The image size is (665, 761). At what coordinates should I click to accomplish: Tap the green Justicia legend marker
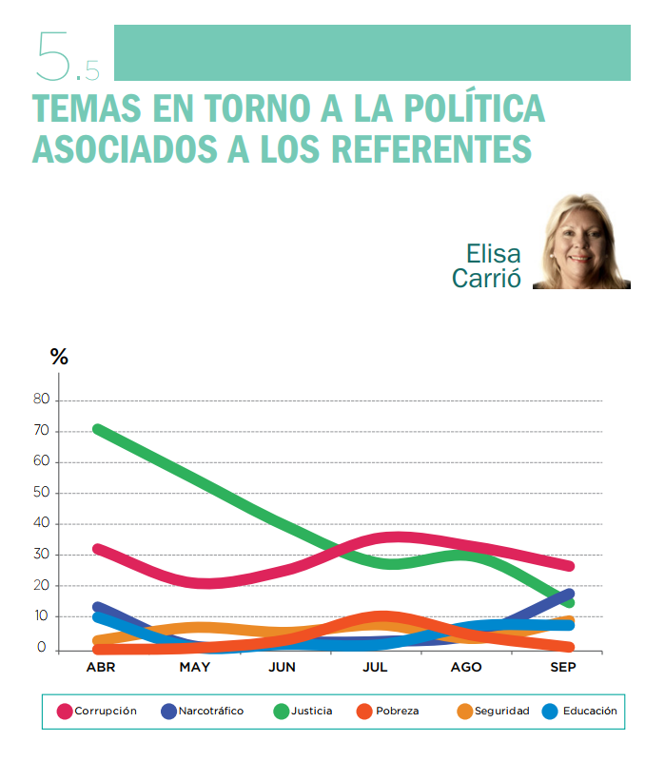[x=281, y=711]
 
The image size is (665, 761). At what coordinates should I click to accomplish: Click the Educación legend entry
[x=579, y=711]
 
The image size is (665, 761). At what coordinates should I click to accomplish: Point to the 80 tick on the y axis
[x=41, y=400]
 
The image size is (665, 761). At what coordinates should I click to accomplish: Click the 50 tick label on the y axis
[x=41, y=493]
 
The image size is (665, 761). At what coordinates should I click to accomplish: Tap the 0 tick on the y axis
[x=43, y=648]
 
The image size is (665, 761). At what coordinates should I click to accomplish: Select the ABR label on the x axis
[x=101, y=668]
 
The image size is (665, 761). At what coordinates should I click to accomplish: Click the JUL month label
[x=375, y=668]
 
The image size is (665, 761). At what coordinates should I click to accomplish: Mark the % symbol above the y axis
[x=59, y=358]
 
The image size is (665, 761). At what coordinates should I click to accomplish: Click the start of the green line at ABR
[x=99, y=430]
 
